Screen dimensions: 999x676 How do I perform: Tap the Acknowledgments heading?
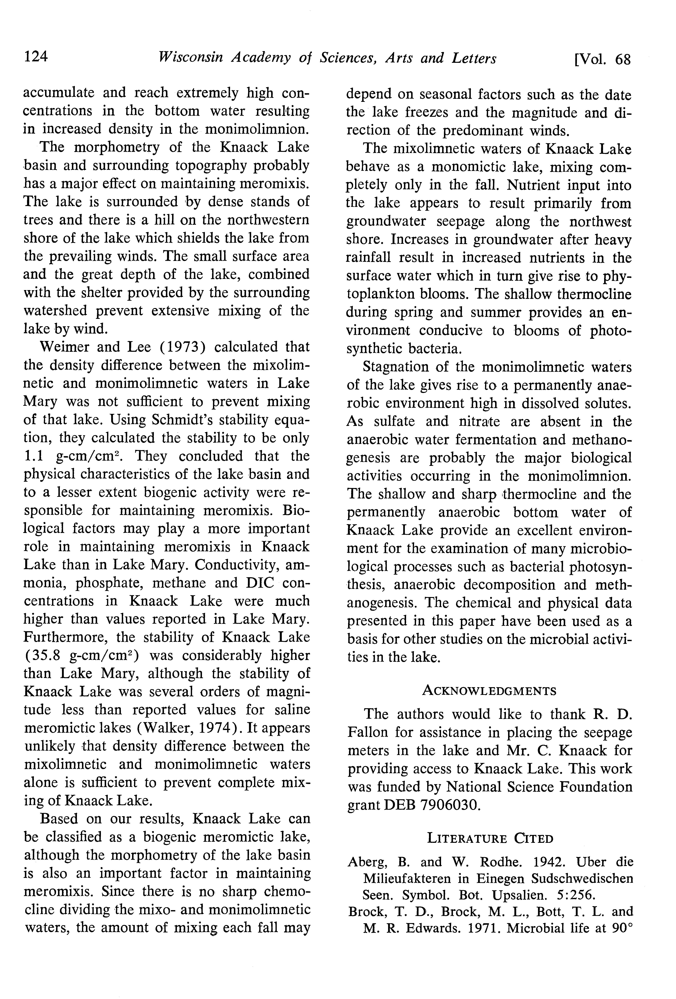[x=489, y=691]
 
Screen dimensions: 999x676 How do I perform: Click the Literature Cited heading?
[x=490, y=838]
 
